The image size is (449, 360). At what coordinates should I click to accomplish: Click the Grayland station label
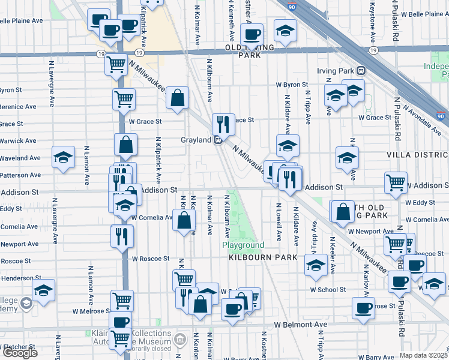tap(196, 140)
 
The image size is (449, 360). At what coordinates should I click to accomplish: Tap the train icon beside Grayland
tap(219, 140)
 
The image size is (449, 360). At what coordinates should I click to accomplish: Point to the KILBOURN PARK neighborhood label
tap(262, 257)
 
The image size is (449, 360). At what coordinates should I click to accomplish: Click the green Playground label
tap(243, 245)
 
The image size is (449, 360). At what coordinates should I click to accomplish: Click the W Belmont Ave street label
tap(301, 325)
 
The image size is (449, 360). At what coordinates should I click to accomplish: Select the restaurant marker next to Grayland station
tap(223, 125)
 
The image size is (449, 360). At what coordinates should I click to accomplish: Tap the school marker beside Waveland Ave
tap(63, 157)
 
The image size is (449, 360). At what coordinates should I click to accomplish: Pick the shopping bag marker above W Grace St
tap(178, 98)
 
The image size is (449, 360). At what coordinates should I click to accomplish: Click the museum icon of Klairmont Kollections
tap(178, 341)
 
